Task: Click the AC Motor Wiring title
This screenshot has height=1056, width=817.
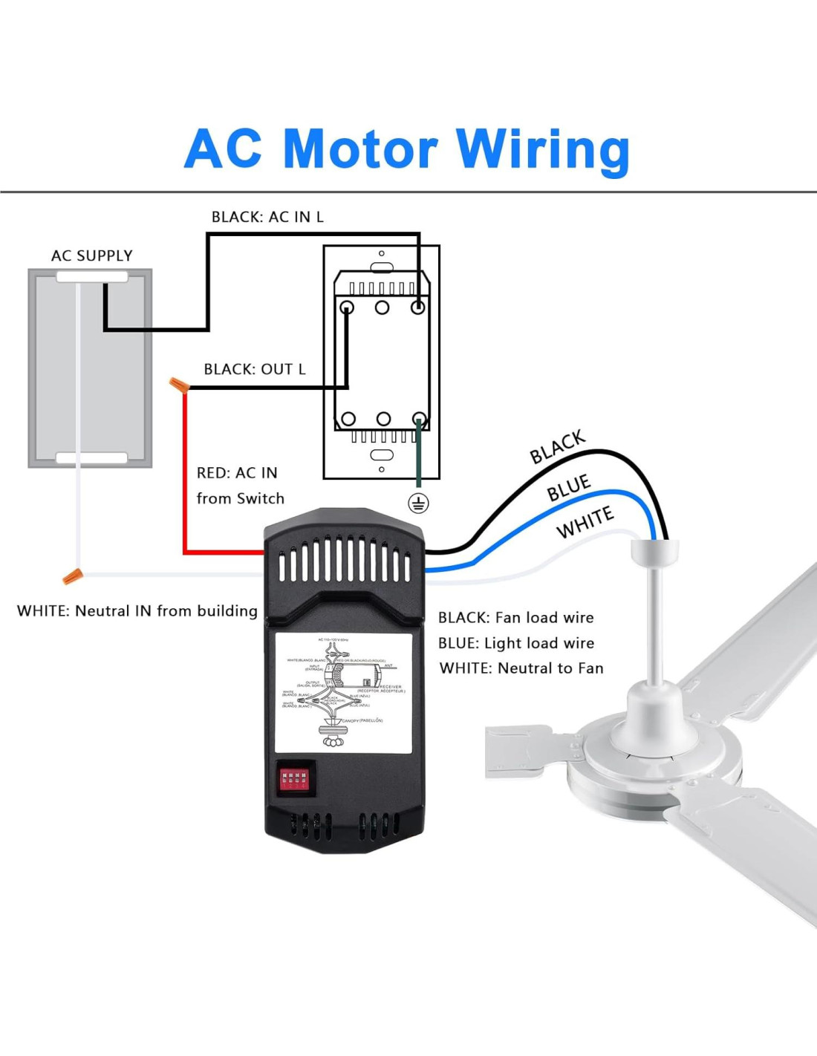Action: tap(407, 149)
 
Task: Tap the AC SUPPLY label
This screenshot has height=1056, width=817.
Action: tap(92, 255)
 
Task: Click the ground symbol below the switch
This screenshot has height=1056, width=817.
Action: tap(418, 503)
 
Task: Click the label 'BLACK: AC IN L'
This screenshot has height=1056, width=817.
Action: tap(267, 217)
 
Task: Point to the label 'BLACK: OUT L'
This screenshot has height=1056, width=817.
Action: tap(255, 369)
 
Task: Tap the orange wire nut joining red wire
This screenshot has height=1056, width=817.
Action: tap(179, 385)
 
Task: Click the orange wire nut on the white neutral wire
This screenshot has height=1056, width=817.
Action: tap(72, 575)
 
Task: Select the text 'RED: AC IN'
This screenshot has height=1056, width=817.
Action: tap(237, 473)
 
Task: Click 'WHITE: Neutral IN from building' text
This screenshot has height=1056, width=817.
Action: tap(137, 610)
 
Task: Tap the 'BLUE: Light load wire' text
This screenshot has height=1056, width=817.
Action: tap(515, 643)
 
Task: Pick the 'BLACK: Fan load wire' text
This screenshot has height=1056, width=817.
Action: tap(515, 617)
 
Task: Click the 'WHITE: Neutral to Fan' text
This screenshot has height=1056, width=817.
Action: tap(521, 668)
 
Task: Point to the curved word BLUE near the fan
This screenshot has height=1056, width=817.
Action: tap(569, 488)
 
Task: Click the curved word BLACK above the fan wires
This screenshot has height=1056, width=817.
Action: tap(557, 446)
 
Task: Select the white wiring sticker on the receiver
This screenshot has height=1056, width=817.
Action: tap(343, 692)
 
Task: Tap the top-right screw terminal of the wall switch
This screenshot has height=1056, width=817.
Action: tap(418, 307)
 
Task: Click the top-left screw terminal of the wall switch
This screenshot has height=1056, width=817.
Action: tap(346, 307)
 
